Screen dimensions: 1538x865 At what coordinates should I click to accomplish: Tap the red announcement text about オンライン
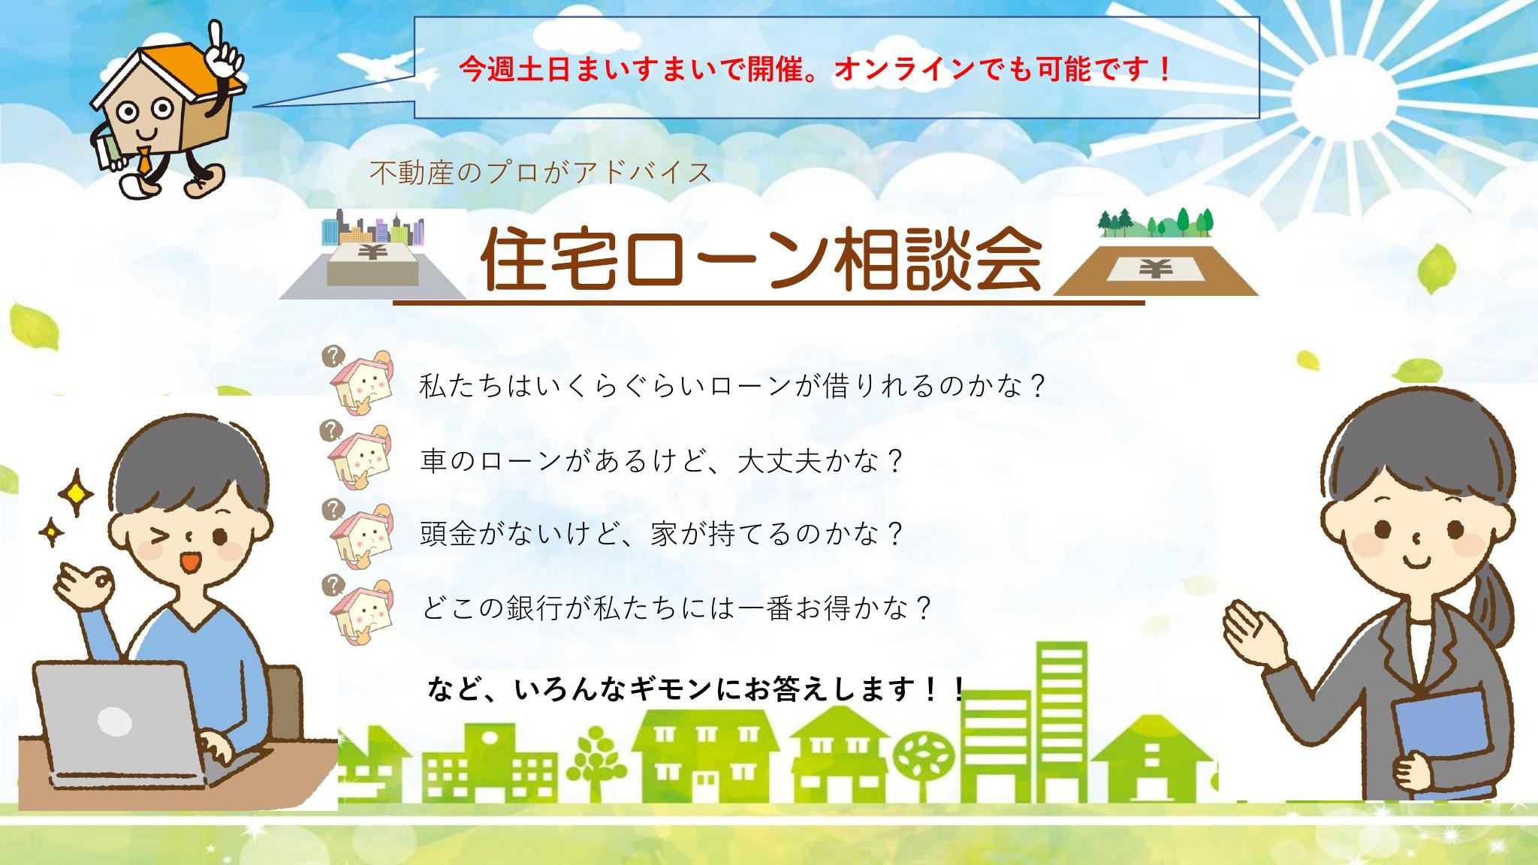[816, 71]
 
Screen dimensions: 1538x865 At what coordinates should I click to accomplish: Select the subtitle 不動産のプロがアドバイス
[541, 173]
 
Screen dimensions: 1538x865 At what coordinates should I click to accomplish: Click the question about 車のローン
[660, 460]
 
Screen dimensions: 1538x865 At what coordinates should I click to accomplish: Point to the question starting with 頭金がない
[660, 534]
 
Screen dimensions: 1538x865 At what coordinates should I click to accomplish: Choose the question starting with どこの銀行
[676, 607]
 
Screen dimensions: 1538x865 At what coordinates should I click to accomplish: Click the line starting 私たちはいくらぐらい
[732, 387]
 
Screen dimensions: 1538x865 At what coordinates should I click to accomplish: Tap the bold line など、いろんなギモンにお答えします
[695, 688]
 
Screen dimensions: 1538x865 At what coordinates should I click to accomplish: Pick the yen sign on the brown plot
[1155, 268]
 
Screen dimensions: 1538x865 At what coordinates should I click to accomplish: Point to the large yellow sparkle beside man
[76, 491]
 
